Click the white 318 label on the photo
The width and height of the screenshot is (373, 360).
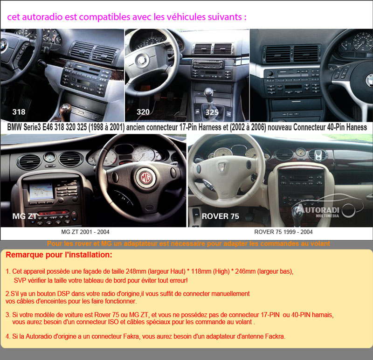click(x=19, y=112)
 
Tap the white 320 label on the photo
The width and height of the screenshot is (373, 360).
click(x=143, y=112)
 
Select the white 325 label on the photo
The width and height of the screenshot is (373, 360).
click(x=212, y=112)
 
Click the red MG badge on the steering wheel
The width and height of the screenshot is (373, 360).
click(x=145, y=178)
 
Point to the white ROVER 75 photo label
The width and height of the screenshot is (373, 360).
click(x=220, y=216)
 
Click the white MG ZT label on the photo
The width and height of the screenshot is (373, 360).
click(x=25, y=216)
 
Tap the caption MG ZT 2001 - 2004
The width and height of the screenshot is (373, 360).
click(x=85, y=232)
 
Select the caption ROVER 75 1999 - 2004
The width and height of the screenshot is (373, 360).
click(x=283, y=232)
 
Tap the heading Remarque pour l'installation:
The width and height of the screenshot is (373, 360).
click(x=59, y=255)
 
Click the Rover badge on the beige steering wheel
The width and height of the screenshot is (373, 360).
click(x=222, y=167)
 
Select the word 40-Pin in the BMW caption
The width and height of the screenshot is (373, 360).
click(x=336, y=127)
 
